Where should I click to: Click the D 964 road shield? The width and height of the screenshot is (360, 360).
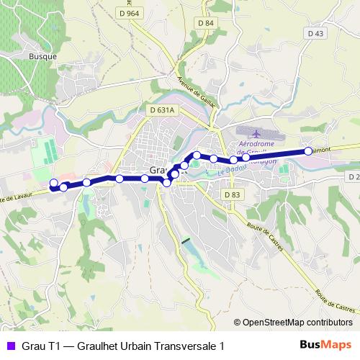tap(130, 14)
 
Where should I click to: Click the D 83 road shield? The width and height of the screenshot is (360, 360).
tap(231, 194)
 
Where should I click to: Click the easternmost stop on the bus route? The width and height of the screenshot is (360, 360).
tap(308, 150)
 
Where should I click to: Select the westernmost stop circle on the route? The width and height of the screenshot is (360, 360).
tap(53, 183)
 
